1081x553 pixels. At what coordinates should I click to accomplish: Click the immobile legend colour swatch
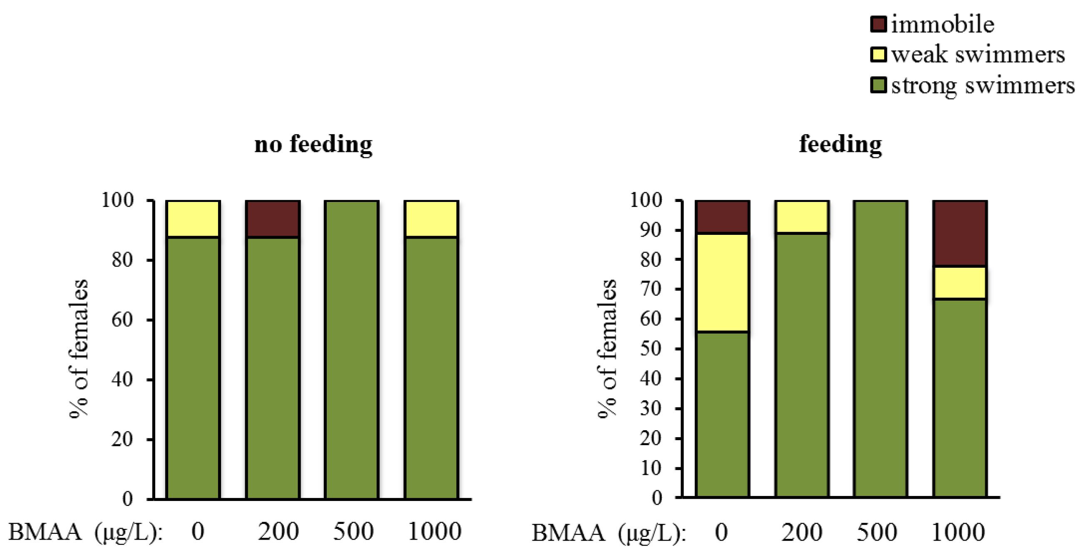[878, 24]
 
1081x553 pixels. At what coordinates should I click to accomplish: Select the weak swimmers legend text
[978, 55]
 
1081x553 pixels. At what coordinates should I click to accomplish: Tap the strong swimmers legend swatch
[878, 85]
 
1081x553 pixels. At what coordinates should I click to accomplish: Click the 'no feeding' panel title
[313, 144]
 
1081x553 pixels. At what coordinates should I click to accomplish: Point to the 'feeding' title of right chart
[840, 144]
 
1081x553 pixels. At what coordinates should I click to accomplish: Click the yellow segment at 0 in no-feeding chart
[193, 219]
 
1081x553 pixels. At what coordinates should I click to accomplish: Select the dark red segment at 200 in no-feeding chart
[273, 219]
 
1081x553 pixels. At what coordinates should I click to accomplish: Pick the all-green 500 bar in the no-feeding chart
[352, 349]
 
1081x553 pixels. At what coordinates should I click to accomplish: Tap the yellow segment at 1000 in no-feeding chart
[431, 219]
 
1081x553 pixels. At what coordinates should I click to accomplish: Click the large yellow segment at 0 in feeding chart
[722, 282]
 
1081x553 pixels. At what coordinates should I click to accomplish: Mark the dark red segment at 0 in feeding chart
[722, 217]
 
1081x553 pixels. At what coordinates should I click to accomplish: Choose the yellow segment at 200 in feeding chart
[802, 217]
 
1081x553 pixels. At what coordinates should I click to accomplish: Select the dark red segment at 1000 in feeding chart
[960, 234]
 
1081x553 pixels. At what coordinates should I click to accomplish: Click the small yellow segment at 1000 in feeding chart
[960, 283]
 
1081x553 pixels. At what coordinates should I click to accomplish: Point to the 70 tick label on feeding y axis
[651, 289]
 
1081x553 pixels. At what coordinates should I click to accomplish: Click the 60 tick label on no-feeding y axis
[122, 320]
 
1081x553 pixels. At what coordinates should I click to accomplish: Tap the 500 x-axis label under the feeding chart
[877, 532]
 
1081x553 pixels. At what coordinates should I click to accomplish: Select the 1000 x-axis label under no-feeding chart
[434, 531]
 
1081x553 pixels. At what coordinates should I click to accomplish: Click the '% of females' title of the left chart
[79, 349]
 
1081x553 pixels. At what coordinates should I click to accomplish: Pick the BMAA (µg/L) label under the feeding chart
[609, 533]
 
